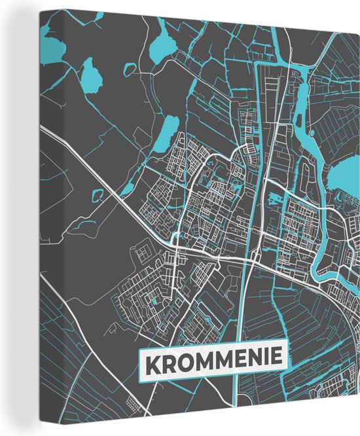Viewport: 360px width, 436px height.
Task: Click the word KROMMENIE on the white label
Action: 213,359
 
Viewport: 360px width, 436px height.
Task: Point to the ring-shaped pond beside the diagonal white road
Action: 99,194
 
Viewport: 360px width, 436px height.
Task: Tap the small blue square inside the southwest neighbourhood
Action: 154,301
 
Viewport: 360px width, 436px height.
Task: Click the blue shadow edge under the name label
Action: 216,376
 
